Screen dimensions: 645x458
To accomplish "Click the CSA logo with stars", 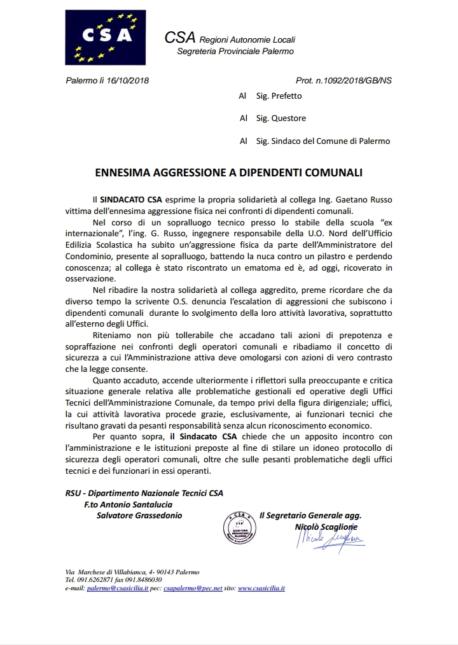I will click(x=106, y=37).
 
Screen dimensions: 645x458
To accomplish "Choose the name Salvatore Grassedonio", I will click(x=139, y=515).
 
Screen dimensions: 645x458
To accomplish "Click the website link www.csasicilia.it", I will click(x=261, y=588).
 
